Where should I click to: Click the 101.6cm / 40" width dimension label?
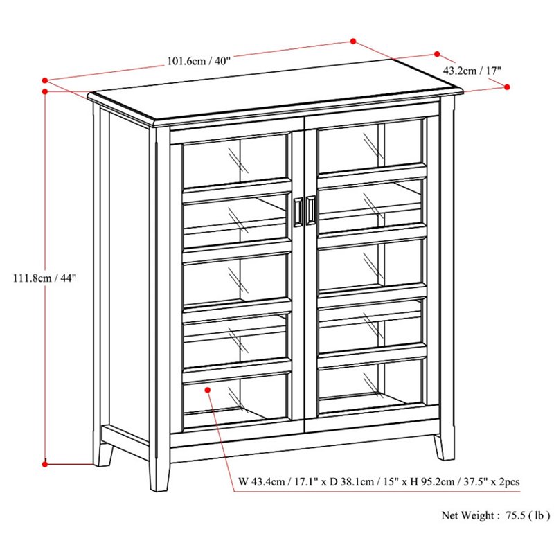pos(199,61)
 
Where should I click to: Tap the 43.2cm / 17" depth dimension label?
pos(472,71)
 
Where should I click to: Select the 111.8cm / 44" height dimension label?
pos(45,278)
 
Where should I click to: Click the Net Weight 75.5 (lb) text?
pos(496,515)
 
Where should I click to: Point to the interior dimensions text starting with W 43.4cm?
pos(379,482)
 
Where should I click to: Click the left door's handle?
pos(298,211)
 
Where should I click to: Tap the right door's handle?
pos(310,211)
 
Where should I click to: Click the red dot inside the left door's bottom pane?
pos(207,390)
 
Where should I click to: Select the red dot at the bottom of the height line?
pos(44,464)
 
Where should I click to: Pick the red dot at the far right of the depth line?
pos(507,87)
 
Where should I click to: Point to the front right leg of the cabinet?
pos(444,446)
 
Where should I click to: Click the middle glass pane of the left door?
pos(235,279)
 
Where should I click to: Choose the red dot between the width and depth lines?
pos(352,42)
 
